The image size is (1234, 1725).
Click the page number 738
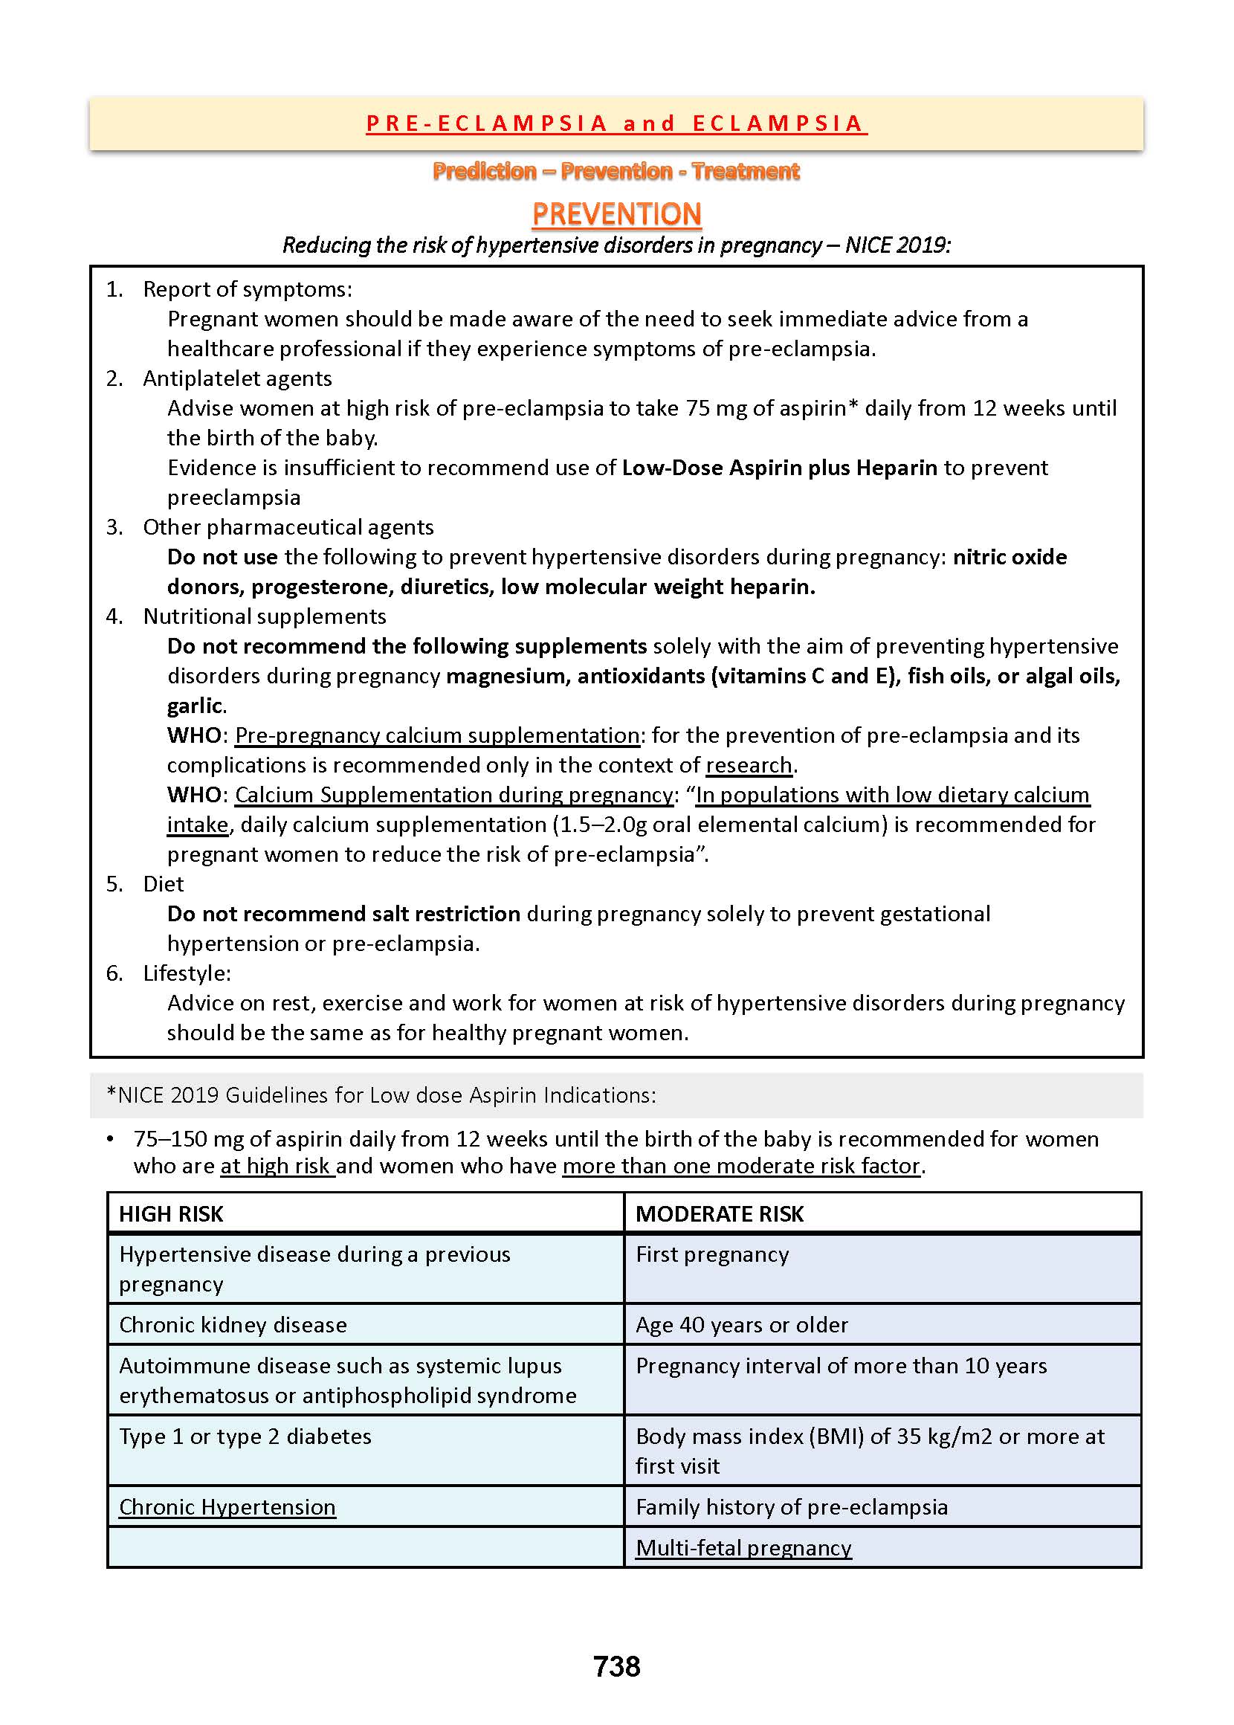coord(616,1666)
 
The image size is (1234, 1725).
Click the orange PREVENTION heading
coord(616,214)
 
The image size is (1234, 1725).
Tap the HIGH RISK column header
coord(171,1213)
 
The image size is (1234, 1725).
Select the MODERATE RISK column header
coord(719,1213)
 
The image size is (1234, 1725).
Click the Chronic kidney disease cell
coord(233,1324)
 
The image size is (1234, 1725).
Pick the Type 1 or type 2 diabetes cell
coord(245,1437)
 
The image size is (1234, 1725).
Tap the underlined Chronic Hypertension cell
coord(227,1507)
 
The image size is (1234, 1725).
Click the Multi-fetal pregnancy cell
coord(743,1548)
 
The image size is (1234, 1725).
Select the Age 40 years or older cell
coord(741,1324)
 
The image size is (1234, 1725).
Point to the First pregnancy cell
coord(712,1254)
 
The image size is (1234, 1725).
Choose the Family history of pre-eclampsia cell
coord(791,1507)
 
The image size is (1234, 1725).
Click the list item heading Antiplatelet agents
coord(237,378)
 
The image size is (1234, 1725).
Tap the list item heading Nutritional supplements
coord(265,616)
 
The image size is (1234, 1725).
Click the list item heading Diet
coord(164,884)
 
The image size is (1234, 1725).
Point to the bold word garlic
coord(195,706)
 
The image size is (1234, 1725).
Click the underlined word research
coord(749,765)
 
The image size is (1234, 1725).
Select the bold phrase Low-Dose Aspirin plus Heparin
coord(779,468)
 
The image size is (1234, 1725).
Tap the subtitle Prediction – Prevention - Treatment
coord(616,171)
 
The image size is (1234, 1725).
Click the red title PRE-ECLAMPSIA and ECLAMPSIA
coord(616,123)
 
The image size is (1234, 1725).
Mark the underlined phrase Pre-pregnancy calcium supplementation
coord(437,735)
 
